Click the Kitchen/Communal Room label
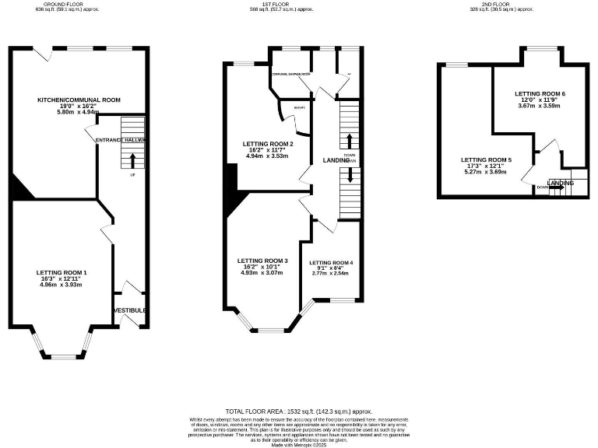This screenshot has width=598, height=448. [x=79, y=100]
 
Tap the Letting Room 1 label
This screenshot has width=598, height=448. [x=61, y=272]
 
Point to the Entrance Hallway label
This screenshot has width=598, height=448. [x=121, y=140]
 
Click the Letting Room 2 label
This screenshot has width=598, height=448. [x=267, y=144]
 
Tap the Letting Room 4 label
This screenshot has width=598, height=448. [x=331, y=263]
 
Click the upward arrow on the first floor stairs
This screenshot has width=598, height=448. [x=348, y=141]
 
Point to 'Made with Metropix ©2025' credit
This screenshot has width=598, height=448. [x=299, y=444]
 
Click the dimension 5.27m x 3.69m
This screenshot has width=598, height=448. [x=485, y=172]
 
